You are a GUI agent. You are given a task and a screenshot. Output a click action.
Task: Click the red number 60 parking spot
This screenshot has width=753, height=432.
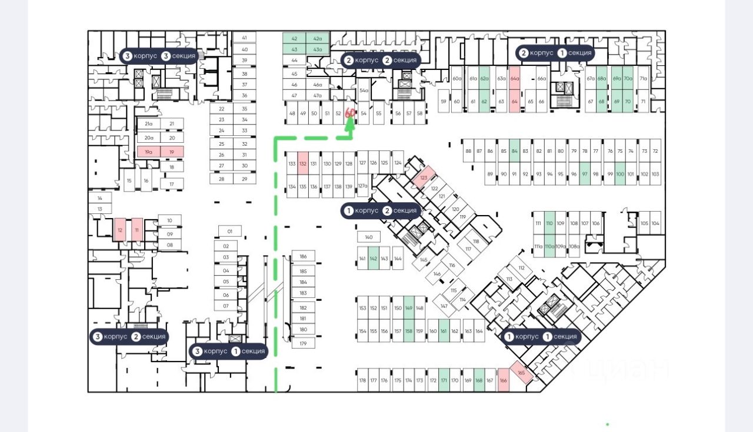point(349,113)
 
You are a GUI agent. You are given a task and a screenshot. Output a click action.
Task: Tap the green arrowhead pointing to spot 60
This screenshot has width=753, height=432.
point(350,124)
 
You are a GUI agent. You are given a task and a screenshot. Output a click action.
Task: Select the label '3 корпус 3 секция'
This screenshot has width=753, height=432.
point(158,56)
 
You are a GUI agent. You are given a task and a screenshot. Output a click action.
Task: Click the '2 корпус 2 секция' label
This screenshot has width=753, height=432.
point(381,60)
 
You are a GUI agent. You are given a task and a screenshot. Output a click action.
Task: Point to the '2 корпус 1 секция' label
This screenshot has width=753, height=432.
point(555,53)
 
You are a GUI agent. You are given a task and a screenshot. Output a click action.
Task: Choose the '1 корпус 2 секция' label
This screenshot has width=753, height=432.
point(381,210)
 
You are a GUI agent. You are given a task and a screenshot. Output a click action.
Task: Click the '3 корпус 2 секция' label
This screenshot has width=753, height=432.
point(129,337)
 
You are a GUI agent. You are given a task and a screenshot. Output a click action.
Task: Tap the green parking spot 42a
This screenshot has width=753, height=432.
point(318,38)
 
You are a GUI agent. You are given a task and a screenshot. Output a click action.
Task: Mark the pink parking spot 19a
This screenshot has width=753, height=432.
point(149,152)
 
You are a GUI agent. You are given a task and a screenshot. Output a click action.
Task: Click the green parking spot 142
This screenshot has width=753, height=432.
point(374,259)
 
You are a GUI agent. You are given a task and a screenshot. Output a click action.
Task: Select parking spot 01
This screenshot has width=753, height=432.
point(230,231)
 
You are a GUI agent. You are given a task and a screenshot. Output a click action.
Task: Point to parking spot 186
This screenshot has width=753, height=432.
point(303,256)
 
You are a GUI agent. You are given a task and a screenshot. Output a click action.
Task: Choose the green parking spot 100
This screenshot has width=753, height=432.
point(619,174)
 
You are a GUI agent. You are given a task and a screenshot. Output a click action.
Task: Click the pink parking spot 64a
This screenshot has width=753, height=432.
point(515,78)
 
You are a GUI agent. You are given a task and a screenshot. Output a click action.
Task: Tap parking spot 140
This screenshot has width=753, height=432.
point(368,237)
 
